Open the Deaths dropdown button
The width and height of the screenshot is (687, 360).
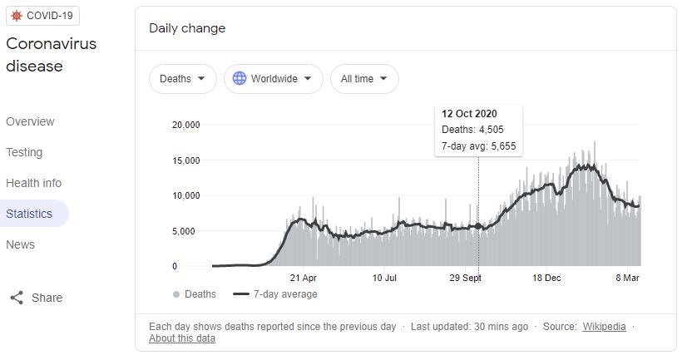183,79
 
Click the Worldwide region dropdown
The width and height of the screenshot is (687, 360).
274,79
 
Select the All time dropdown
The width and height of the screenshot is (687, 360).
364,79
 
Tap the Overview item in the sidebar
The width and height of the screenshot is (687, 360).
30,121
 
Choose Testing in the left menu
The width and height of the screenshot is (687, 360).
24,152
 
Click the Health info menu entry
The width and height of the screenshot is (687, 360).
34,183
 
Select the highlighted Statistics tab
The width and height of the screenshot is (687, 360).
29,214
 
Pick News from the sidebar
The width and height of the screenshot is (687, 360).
20,244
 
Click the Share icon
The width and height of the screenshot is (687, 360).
17,298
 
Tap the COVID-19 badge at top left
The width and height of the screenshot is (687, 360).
42,16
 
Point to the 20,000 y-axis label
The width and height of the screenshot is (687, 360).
185,125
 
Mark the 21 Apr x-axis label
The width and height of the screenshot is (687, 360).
304,278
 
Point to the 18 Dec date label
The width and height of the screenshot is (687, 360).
546,278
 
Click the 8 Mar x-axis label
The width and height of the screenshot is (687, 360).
627,278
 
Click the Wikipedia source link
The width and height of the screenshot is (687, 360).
604,327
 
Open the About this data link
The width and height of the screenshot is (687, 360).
182,338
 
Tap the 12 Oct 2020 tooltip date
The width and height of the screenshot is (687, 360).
469,114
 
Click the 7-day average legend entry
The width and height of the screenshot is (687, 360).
275,294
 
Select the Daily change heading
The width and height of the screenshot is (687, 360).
187,28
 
